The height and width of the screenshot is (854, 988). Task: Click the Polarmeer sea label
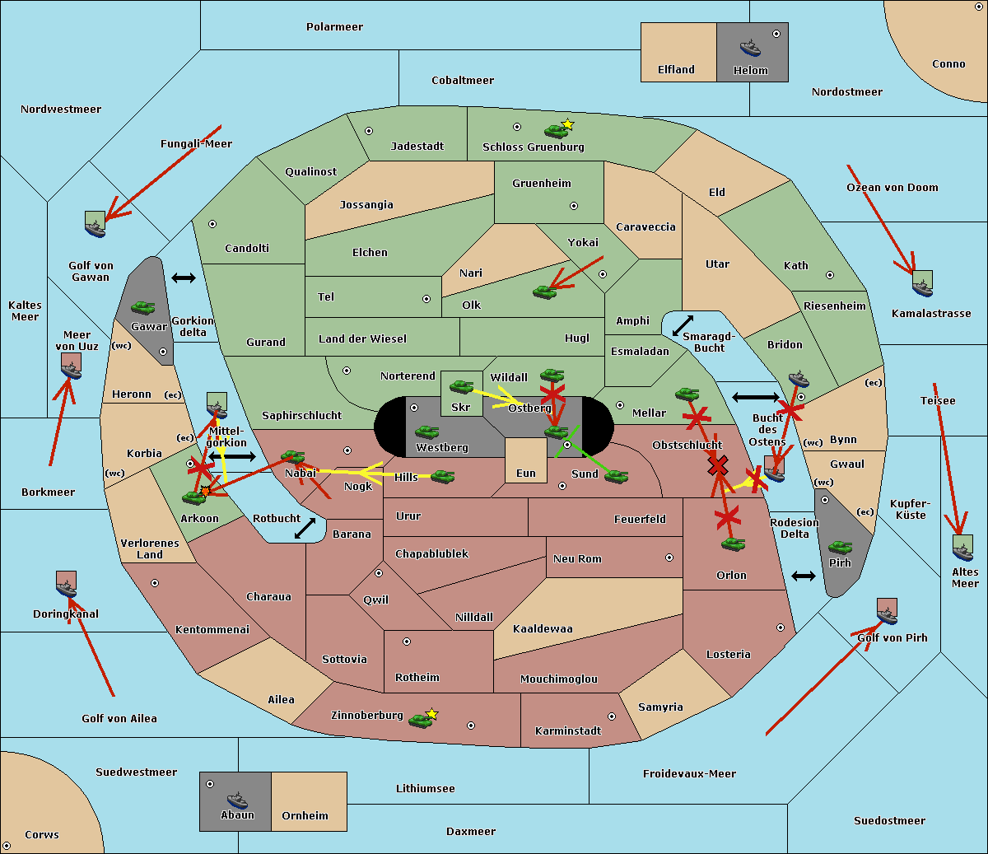[x=334, y=27]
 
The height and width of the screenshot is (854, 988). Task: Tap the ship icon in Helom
[x=750, y=48]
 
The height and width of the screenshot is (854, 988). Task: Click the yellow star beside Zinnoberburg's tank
[x=432, y=714]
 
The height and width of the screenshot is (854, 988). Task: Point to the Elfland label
[x=676, y=70]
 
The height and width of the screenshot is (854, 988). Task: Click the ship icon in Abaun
[x=237, y=800]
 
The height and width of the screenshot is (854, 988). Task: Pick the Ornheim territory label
[x=305, y=816]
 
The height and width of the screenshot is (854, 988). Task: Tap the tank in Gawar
[x=143, y=308]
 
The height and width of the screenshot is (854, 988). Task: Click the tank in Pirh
[x=840, y=548]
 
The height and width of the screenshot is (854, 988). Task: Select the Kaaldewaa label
[x=543, y=629]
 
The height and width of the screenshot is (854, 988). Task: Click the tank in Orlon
[x=733, y=544]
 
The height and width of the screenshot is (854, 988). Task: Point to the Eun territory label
[x=526, y=474]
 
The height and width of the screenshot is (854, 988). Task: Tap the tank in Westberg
[x=427, y=432]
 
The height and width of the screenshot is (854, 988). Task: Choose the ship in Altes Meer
[x=962, y=549]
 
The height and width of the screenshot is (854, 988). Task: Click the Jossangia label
[x=366, y=205]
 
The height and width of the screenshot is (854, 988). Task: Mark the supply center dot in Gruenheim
[x=574, y=206]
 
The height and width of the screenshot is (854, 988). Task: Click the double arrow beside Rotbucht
[x=305, y=528]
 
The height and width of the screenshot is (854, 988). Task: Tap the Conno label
[x=948, y=64]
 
